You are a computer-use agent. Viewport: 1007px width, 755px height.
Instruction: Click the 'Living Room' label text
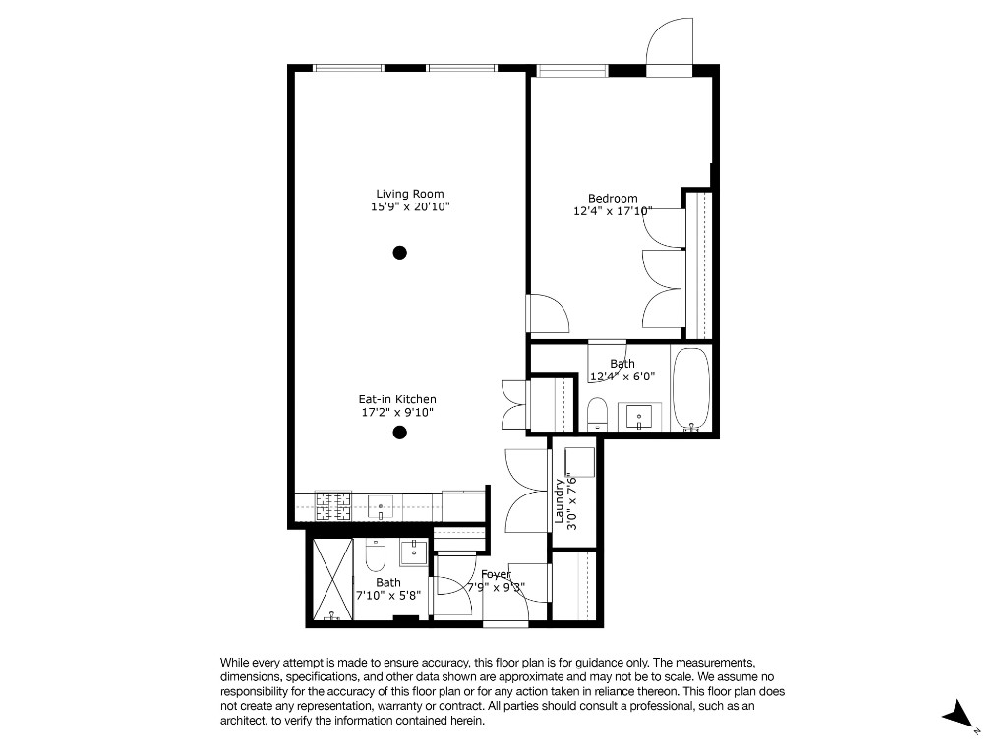(409, 194)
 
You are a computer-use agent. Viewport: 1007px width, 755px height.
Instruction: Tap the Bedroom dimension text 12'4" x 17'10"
(613, 211)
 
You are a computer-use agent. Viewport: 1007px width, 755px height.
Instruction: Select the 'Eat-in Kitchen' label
(396, 399)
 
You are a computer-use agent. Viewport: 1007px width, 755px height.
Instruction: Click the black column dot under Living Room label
(400, 252)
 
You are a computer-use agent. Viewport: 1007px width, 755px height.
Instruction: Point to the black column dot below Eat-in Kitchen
(400, 433)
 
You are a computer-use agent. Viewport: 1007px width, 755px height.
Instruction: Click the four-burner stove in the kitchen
(333, 506)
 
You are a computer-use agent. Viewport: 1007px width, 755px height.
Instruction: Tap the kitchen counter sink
(380, 507)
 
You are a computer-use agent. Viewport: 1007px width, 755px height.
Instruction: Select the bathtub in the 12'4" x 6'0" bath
(691, 389)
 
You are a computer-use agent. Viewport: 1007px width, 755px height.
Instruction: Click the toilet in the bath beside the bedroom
(598, 414)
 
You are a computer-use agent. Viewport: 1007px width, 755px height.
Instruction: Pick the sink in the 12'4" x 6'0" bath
(640, 416)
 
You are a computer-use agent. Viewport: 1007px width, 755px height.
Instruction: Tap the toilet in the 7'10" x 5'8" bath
(375, 557)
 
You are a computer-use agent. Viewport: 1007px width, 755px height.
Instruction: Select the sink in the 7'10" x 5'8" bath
(414, 550)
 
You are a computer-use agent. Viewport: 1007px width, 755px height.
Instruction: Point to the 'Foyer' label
(496, 575)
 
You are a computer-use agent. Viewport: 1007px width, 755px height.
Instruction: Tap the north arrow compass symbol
(957, 716)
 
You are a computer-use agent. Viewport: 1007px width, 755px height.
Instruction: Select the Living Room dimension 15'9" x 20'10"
(409, 207)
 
